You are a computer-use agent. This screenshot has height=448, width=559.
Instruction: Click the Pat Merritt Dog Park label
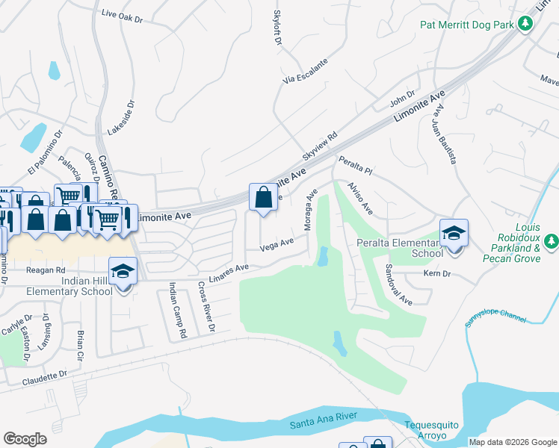pos(467,25)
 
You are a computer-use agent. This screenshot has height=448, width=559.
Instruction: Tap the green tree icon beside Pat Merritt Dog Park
pos(525,25)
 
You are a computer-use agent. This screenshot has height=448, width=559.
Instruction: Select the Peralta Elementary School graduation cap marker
pos(453,233)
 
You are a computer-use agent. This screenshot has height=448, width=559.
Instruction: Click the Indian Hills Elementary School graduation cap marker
pos(123,272)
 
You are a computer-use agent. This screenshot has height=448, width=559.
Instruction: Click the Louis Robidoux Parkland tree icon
pos(551,240)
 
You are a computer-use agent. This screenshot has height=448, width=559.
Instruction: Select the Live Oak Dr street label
pos(121,16)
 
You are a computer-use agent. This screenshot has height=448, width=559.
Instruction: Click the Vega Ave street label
pos(277,246)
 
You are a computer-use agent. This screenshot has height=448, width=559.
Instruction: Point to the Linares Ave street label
pos(229,273)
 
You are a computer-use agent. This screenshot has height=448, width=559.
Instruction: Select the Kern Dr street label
pos(437,275)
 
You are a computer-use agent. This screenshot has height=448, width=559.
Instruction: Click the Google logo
pos(25,439)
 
